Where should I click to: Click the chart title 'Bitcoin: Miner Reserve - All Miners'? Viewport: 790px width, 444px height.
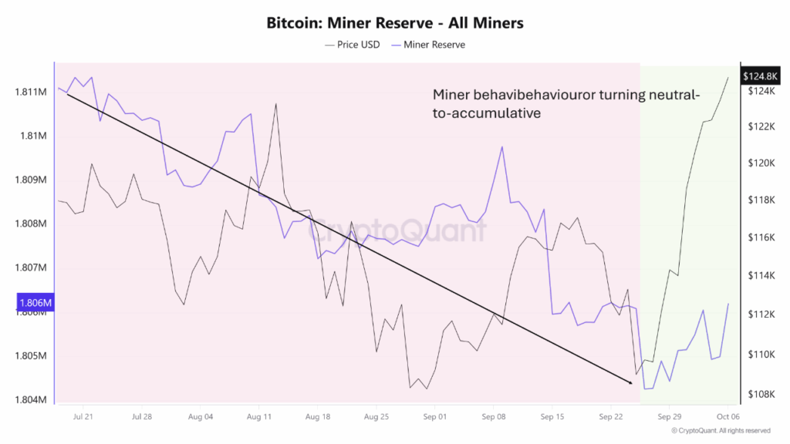pyautogui.click(x=394, y=23)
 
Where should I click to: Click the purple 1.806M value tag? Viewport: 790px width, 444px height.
pyautogui.click(x=34, y=304)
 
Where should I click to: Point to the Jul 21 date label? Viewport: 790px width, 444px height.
pyautogui.click(x=83, y=417)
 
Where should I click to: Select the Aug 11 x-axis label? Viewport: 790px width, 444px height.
pyautogui.click(x=259, y=417)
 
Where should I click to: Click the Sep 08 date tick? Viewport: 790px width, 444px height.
pyautogui.click(x=493, y=417)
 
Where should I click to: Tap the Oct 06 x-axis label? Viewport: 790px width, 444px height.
pyautogui.click(x=728, y=417)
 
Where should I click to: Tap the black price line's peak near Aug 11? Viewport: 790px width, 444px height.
pyautogui.click(x=275, y=104)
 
